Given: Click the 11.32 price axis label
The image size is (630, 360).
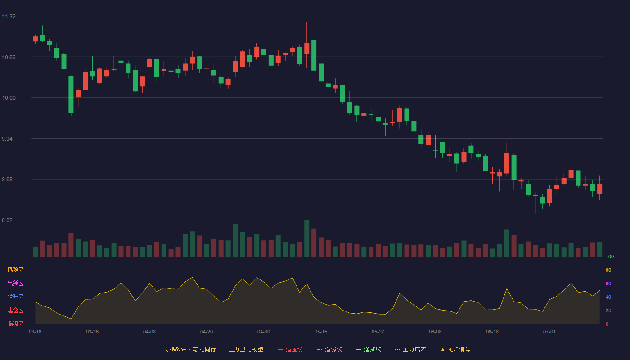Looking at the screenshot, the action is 9,17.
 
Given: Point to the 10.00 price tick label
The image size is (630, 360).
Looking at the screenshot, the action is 9,98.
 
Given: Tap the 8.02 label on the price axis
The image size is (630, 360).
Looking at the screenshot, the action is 7,220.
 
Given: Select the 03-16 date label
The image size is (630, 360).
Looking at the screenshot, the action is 35,332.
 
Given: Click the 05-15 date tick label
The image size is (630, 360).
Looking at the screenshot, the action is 321,332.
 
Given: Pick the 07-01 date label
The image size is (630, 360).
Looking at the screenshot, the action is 549,332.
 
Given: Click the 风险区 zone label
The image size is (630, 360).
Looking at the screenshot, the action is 15,270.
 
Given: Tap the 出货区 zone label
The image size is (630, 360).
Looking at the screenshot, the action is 15,283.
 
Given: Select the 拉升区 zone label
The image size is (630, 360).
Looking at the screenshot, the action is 15,297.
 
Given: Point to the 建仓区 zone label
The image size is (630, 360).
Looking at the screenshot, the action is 15,310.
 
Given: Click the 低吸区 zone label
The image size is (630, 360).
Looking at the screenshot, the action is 15,324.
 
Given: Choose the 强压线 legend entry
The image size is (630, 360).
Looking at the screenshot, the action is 290,349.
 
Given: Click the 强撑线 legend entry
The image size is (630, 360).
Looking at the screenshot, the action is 369,349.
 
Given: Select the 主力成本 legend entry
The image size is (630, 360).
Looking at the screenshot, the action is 410,349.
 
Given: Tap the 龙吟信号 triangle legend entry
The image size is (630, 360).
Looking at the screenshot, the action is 455,349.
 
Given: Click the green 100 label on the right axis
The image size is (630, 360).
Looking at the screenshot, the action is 610,256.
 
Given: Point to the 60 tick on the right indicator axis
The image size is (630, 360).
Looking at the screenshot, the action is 608,283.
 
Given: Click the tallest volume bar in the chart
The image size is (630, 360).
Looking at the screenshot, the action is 306,238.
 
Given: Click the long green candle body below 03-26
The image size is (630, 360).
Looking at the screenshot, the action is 71,94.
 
